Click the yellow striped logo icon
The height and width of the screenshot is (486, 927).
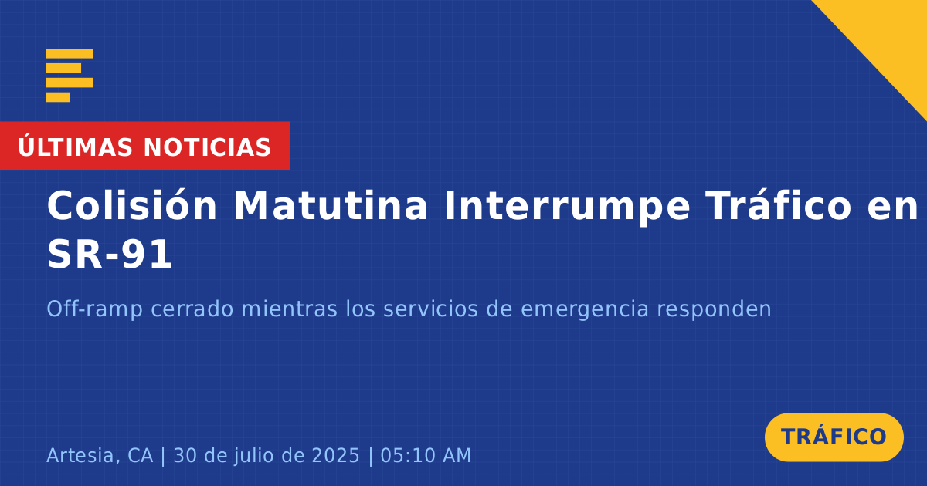pos(70,76)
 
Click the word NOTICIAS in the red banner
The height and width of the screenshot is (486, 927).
pos(207,147)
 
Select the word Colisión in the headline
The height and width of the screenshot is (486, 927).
pos(131,205)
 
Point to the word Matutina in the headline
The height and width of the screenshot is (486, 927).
pos(331,205)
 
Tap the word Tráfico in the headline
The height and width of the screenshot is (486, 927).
pos(778,205)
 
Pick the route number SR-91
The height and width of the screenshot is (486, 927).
pos(109,254)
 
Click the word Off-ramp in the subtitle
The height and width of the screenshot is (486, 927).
pos(95,309)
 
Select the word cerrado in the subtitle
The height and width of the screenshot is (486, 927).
pos(192,309)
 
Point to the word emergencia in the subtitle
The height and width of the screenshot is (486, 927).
pos(584,310)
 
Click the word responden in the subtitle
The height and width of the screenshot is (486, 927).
pos(715,310)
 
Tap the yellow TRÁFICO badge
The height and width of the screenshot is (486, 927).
pos(834,437)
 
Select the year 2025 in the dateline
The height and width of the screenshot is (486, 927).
pos(335,455)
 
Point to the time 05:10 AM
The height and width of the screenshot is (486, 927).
pos(426,455)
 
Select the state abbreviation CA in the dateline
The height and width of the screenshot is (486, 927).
pos(140,455)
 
